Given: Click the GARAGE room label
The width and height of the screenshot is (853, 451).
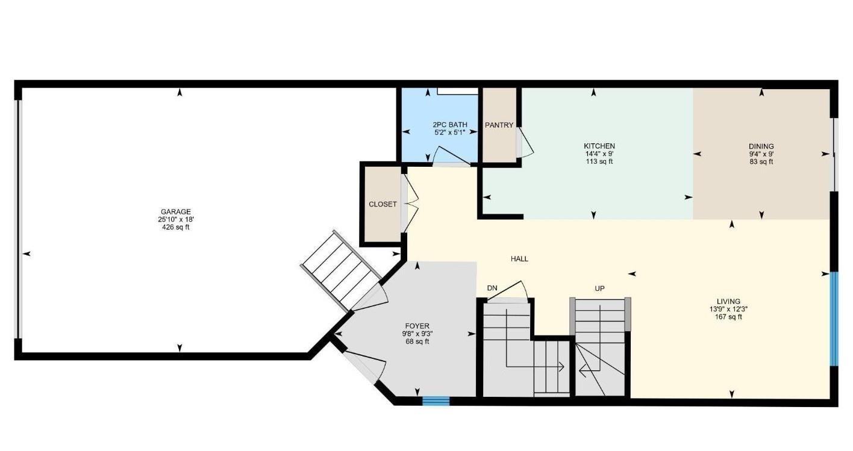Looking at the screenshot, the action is [175, 212].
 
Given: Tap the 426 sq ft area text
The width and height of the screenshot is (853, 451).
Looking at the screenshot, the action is [175, 228].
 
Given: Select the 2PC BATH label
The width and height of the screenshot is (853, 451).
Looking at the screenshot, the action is [450, 125].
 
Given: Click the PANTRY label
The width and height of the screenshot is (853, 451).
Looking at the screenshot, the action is [499, 125].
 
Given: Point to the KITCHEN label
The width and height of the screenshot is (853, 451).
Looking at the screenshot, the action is [599, 146].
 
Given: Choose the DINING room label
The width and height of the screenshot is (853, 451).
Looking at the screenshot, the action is [761, 146].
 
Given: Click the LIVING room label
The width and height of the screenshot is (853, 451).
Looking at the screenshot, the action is [728, 302].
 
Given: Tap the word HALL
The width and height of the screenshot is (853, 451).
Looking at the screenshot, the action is [519, 259].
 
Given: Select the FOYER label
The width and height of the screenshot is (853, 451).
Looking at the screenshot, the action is [417, 326].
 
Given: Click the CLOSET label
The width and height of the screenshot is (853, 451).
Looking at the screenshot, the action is [383, 204].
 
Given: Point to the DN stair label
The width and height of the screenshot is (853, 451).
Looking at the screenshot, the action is [492, 288].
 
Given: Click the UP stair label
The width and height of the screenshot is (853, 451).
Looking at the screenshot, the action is [599, 288].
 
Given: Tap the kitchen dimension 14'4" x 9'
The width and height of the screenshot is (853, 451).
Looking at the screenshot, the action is [599, 154].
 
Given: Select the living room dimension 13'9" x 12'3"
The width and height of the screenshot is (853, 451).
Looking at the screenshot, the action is [728, 309].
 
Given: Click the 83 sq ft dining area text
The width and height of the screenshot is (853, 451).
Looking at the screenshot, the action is [761, 162].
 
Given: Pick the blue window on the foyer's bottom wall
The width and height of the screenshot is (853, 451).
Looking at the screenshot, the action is [436, 401].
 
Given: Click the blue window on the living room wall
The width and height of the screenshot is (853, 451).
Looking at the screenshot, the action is [834, 319].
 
